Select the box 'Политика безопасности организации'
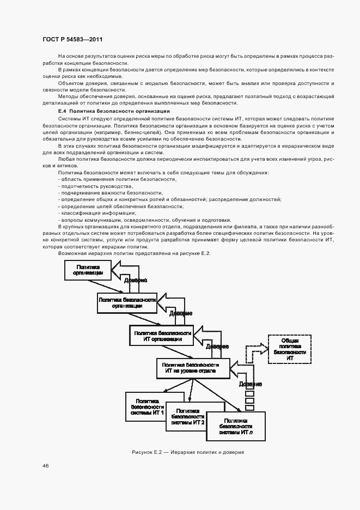point(127,302)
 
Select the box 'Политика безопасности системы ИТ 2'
point(187,417)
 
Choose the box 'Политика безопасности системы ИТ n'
point(236,426)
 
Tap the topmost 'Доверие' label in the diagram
point(135,281)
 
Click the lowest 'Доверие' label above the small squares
point(250,384)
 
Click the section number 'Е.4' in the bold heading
point(63,111)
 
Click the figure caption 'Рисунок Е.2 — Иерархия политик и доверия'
point(187,452)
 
